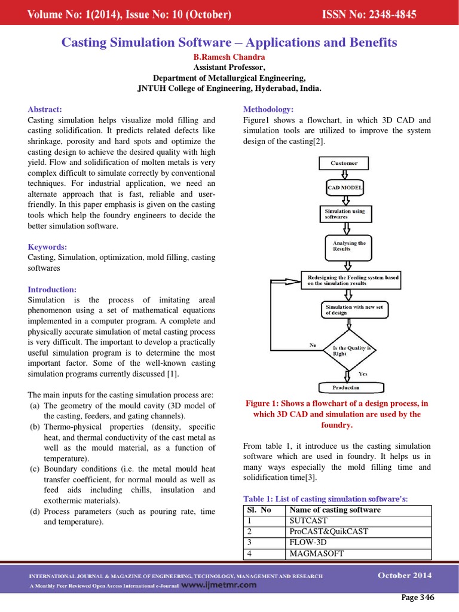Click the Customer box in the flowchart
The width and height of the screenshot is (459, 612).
(344, 163)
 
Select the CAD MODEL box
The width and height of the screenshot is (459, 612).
(345, 188)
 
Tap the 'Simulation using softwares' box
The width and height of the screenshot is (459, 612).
(345, 214)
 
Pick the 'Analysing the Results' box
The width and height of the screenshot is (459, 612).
(345, 246)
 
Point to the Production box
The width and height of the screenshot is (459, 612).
(346, 388)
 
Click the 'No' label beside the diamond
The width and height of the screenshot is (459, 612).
(313, 345)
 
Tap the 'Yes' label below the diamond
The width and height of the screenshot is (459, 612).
(363, 374)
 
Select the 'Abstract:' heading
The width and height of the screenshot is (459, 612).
(45, 109)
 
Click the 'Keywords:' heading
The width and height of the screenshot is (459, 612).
(47, 247)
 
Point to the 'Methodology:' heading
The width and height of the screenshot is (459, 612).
(268, 109)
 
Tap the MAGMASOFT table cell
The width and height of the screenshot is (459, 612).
(316, 553)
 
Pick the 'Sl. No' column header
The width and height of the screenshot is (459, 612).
(259, 510)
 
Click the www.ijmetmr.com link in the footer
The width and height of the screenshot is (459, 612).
(218, 585)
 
